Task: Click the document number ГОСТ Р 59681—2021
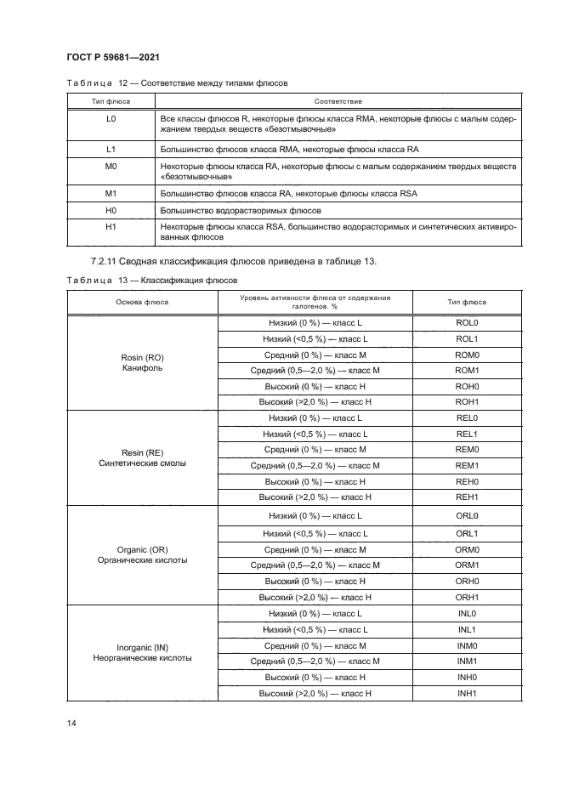113,57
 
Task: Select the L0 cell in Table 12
110,119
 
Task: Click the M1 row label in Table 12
110,195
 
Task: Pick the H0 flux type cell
110,210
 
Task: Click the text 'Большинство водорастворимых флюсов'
241,210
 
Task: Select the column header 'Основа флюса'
142,302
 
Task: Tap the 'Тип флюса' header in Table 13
467,302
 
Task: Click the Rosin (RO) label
142,358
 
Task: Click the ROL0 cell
468,324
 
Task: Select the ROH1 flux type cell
468,401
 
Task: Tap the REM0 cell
468,449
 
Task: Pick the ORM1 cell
468,565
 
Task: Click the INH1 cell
468,694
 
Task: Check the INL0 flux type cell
468,613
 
